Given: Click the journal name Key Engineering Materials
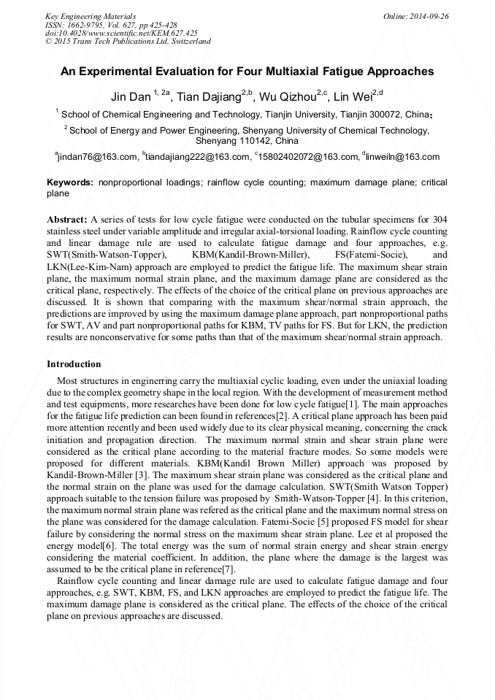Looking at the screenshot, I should tap(90, 15).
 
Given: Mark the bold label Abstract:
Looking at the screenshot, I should tap(67, 220).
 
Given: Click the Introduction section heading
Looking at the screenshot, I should tap(74, 364).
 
